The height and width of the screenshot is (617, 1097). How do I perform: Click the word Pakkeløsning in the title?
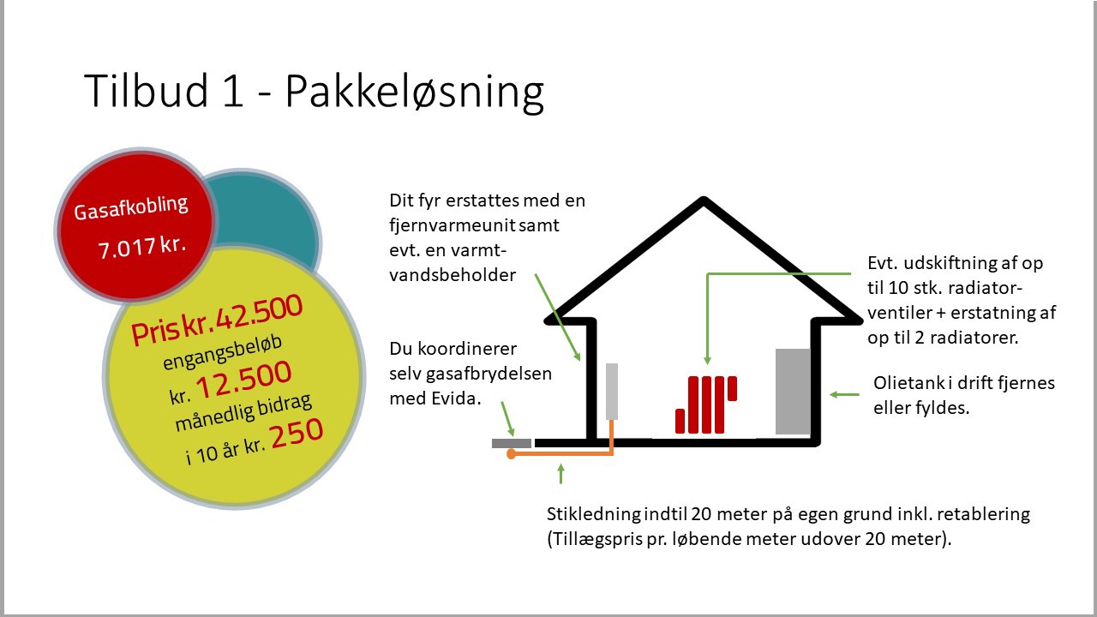pos(414,93)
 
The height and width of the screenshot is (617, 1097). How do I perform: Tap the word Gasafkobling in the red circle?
pos(131,207)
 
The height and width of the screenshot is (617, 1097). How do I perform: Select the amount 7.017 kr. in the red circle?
pos(142,246)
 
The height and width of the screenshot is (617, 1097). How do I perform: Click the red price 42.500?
pos(260,314)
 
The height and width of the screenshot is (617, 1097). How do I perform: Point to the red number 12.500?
pos(243,380)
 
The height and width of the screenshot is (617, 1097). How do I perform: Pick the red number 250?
pos(297,434)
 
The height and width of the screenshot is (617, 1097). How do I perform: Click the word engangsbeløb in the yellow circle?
pos(222,352)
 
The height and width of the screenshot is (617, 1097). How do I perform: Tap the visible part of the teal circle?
pos(274,215)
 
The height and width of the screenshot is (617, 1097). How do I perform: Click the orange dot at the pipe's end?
pos(511,454)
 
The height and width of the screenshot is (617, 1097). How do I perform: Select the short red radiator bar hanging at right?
pos(732,388)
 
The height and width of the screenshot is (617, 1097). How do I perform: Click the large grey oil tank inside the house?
pos(793,392)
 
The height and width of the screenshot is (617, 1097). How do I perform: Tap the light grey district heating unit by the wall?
pos(612,392)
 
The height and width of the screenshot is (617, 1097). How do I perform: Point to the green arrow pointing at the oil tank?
pos(844,395)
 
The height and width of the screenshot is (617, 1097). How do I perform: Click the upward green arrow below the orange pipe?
pos(561,474)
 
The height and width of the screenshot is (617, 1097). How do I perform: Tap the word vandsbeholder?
pos(453,275)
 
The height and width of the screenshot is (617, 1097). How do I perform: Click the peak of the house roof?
pos(704,200)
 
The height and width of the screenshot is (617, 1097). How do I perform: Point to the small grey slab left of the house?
pos(512,443)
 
